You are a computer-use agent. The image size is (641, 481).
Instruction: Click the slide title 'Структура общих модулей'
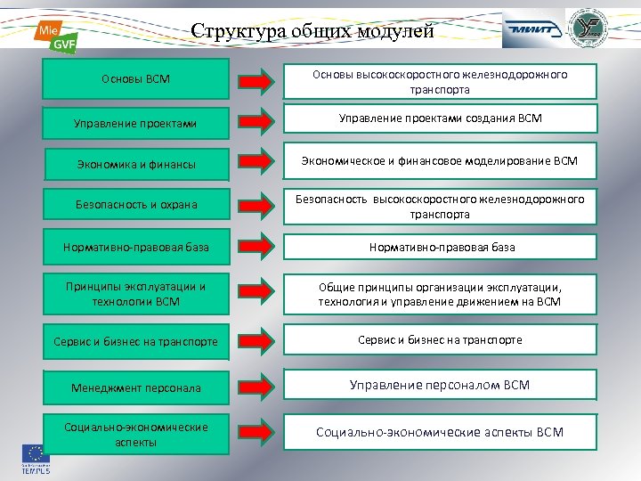click(x=312, y=32)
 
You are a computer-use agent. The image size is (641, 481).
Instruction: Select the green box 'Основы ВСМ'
click(x=136, y=80)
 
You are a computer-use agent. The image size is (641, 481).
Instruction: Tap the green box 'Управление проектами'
click(x=136, y=122)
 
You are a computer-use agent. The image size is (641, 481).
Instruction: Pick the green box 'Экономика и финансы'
click(x=136, y=164)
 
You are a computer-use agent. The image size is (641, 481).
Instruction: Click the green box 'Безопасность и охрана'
click(x=136, y=205)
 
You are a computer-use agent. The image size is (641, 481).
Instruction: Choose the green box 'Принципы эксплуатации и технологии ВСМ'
click(x=136, y=294)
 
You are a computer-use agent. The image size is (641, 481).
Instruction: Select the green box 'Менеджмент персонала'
click(x=136, y=387)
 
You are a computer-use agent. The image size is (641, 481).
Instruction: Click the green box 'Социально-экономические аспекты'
click(x=136, y=434)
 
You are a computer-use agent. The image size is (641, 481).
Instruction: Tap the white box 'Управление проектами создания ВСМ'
click(x=440, y=118)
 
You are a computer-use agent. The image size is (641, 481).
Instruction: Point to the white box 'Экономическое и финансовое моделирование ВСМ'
click(x=440, y=161)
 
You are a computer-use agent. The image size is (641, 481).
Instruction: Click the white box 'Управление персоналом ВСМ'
click(x=440, y=385)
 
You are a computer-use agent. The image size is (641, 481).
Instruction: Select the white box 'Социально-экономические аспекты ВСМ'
click(x=440, y=432)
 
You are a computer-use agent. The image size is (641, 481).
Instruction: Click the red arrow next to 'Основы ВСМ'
click(x=257, y=81)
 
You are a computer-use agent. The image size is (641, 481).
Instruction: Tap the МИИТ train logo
click(x=532, y=29)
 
